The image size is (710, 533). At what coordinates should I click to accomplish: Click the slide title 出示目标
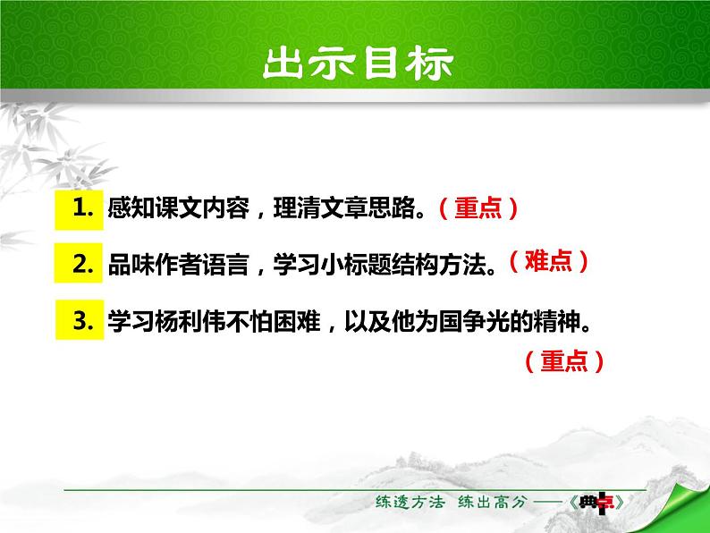tap(358, 63)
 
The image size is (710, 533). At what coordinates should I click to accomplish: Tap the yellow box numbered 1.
tap(79, 210)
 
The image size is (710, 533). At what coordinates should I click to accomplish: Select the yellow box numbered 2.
tap(79, 263)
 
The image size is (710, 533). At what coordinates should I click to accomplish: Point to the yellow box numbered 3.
tap(80, 319)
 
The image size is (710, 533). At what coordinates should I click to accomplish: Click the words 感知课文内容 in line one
tap(179, 208)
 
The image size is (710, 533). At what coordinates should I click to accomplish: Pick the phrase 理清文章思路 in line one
tap(344, 208)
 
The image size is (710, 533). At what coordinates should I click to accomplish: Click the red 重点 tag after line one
tap(478, 208)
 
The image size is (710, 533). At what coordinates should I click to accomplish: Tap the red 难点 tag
tap(548, 261)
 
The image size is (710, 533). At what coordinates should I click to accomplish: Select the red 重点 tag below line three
tap(564, 361)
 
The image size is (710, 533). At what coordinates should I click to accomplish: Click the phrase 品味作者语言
tap(179, 265)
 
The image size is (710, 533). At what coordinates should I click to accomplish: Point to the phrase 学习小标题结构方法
tap(379, 265)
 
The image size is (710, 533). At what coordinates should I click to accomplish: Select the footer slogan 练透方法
tap(410, 502)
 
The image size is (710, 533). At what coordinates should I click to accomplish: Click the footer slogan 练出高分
tap(493, 502)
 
